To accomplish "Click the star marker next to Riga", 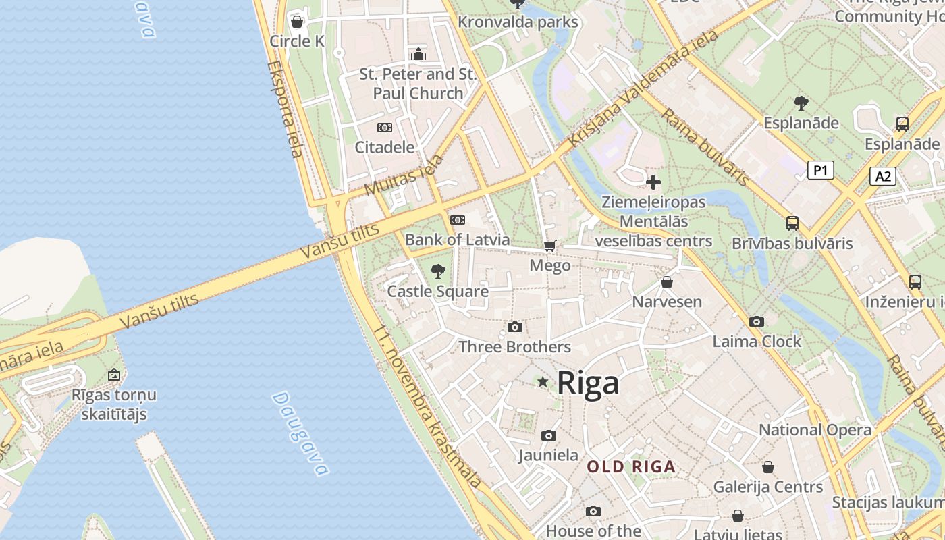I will [x=543, y=382].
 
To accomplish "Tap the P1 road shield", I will [x=820, y=170].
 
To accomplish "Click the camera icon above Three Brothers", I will [x=515, y=327].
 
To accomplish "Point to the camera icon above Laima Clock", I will [x=757, y=322].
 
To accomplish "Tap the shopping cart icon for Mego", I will [x=550, y=246].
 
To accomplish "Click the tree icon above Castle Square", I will [x=438, y=271].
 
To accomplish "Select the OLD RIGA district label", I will [x=631, y=466].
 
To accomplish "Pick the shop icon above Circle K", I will [x=297, y=22].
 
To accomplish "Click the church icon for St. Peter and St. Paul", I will [x=418, y=54].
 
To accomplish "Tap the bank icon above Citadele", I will [x=384, y=128].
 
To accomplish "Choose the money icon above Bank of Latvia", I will [x=458, y=220].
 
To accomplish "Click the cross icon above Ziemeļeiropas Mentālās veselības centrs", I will [x=653, y=182].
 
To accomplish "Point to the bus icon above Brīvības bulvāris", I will [x=792, y=223].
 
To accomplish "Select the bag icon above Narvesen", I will [x=667, y=282].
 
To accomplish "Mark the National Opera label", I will [x=815, y=430].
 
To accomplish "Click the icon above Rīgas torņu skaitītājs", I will [x=114, y=375].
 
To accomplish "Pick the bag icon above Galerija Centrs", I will [x=768, y=467].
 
